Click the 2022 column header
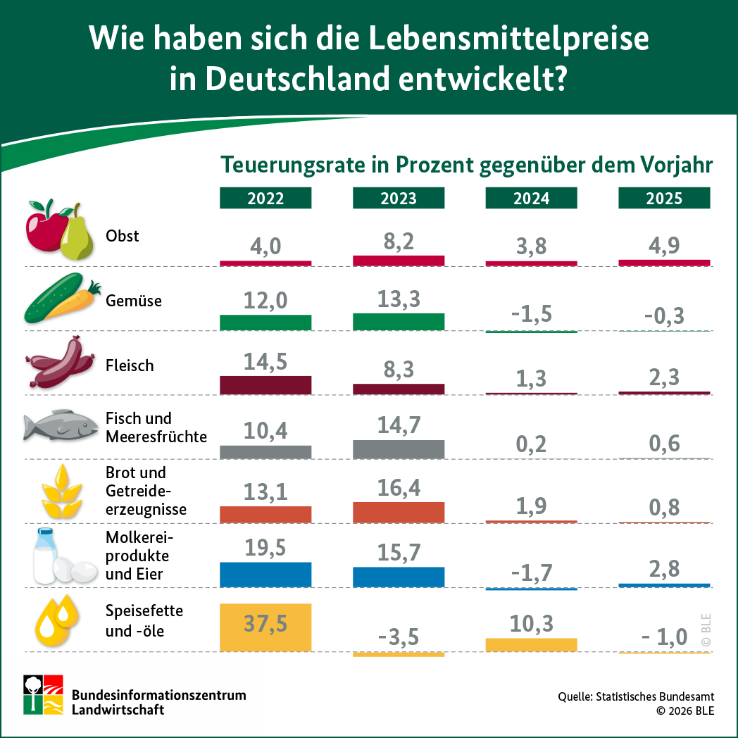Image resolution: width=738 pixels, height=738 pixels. [x=265, y=199]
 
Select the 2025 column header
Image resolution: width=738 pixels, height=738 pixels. [x=664, y=199]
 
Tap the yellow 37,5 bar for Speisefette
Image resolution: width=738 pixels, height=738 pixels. [x=265, y=627]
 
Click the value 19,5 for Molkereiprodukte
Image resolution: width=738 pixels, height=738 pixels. [x=265, y=548]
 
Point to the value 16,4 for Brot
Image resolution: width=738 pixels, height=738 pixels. [x=399, y=487]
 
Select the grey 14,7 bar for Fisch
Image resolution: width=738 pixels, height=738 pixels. [x=399, y=449]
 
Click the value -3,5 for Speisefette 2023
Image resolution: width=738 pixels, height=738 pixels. [x=399, y=637]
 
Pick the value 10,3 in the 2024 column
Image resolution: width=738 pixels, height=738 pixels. [x=531, y=623]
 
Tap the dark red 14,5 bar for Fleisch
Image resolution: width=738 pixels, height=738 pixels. [x=265, y=385]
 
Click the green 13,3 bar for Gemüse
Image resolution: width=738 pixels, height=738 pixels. [x=399, y=322]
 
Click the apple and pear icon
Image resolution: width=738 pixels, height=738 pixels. [x=59, y=230]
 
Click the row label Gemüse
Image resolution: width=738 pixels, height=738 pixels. [x=134, y=301]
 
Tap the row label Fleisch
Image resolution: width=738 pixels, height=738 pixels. [x=130, y=365]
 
